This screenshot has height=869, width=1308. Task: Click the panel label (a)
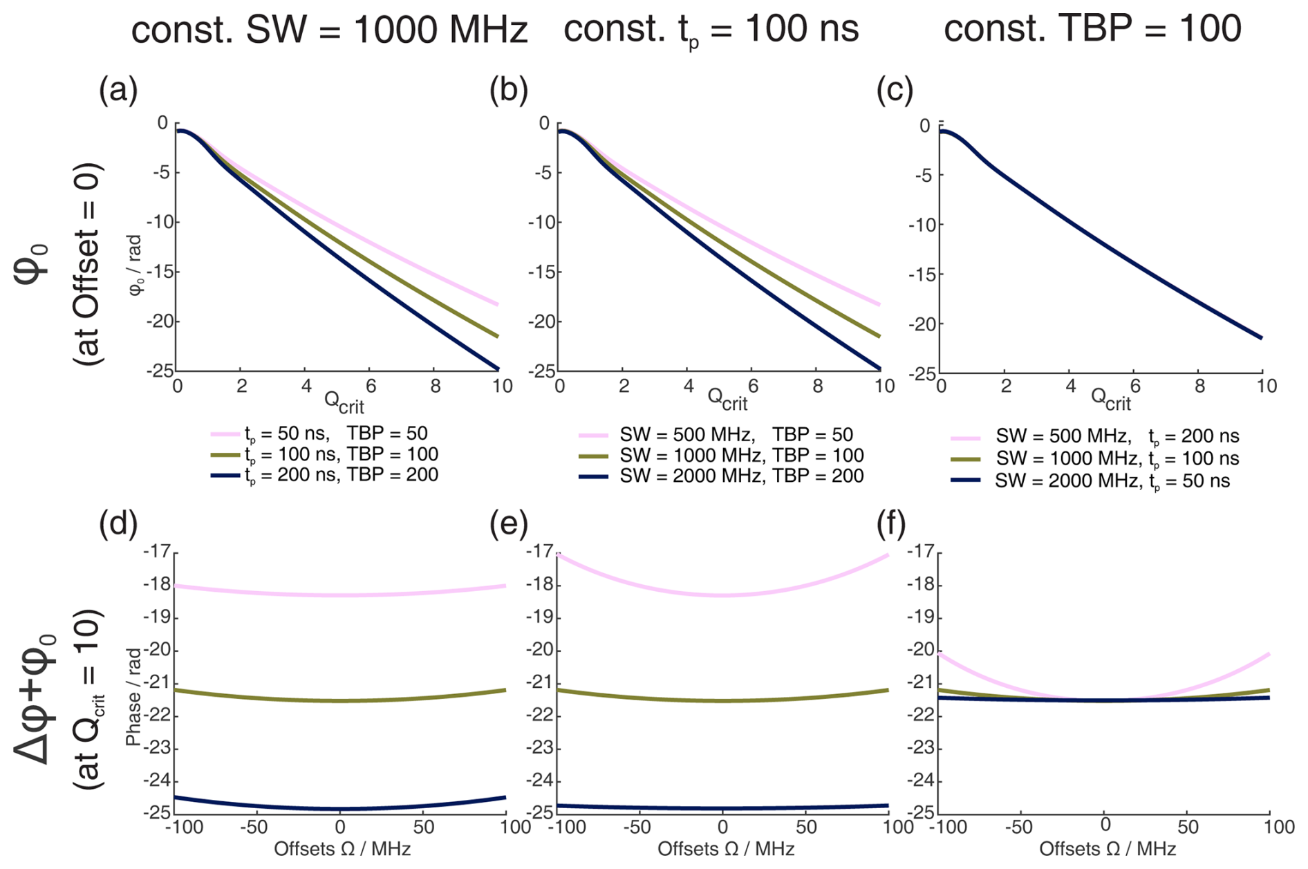(x=118, y=91)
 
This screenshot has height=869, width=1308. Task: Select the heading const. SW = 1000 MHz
(x=329, y=30)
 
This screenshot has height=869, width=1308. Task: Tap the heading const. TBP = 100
(x=1092, y=29)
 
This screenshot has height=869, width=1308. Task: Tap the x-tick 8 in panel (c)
(x=1199, y=386)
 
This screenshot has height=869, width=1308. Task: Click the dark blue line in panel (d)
(x=339, y=808)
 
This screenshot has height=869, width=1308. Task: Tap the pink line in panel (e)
(x=722, y=595)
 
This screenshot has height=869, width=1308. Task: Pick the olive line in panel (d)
(x=339, y=700)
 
